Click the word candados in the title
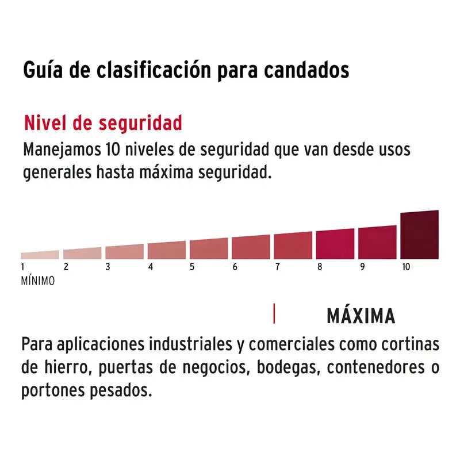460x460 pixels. tap(306, 70)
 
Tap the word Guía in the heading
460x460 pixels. tap(43, 70)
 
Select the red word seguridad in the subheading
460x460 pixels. tap(140, 123)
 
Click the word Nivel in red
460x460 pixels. tap(46, 122)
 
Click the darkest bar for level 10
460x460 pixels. tap(420, 235)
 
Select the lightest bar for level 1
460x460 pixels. tap(40, 255)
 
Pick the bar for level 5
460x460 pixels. tap(209, 249)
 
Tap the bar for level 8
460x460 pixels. tap(335, 244)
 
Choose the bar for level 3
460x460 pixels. tap(124, 252)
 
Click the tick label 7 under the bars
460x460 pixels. tap(278, 267)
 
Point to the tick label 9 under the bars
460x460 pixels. tap(363, 267)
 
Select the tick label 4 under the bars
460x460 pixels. tap(151, 267)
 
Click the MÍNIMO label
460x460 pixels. tap(38, 281)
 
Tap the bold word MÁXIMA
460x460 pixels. tap(361, 316)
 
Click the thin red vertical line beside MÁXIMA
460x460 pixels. tap(274, 313)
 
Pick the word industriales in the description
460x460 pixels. tap(191, 344)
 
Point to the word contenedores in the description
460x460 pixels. tap(376, 367)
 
